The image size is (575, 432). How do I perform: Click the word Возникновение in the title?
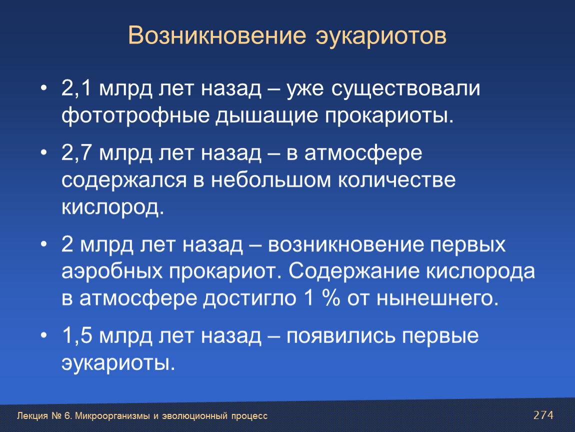pyautogui.click(x=217, y=35)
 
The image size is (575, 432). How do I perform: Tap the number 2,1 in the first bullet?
pyautogui.click(x=76, y=88)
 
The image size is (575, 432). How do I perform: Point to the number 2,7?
pyautogui.click(x=76, y=152)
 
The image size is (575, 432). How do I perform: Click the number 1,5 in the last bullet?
pyautogui.click(x=77, y=335)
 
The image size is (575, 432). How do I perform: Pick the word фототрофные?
pyautogui.click(x=135, y=116)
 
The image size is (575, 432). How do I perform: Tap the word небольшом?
pyautogui.click(x=271, y=179)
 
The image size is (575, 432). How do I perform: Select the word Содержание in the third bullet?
pyautogui.click(x=354, y=271)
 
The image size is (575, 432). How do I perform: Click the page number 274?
pyautogui.click(x=543, y=415)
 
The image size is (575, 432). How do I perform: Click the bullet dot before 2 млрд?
pyautogui.click(x=44, y=244)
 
